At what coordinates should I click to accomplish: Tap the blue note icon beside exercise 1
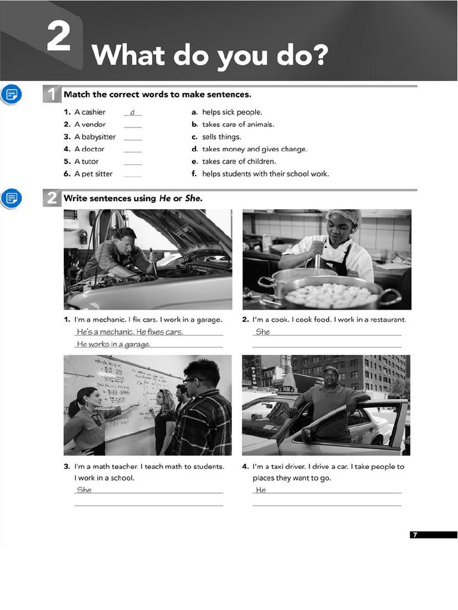(x=11, y=94)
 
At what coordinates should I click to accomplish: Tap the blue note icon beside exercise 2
(x=11, y=198)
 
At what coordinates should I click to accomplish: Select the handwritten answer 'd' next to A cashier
(x=132, y=113)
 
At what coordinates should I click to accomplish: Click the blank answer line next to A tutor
(x=132, y=162)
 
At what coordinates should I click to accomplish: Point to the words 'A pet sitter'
(x=93, y=174)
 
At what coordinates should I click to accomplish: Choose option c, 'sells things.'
(x=221, y=137)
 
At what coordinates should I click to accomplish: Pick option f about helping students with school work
(x=265, y=174)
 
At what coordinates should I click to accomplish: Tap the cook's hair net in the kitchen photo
(x=344, y=216)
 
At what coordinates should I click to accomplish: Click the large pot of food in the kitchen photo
(x=332, y=293)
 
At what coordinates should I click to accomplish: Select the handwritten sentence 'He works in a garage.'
(x=113, y=344)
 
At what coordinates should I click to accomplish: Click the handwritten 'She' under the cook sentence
(x=262, y=332)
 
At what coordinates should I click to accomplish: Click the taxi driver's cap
(x=330, y=371)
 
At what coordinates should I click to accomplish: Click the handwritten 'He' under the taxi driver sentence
(x=261, y=490)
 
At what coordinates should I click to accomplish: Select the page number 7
(x=415, y=535)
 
